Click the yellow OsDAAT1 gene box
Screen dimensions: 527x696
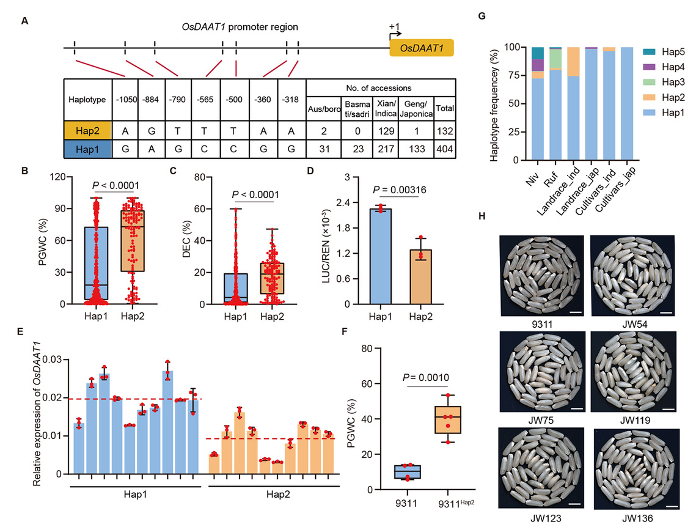coord(422,48)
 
